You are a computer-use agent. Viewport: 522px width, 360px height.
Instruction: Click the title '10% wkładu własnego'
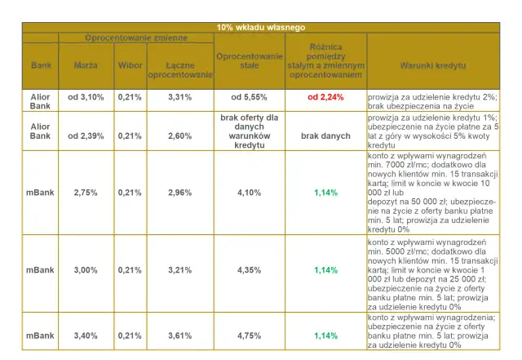pyautogui.click(x=261, y=28)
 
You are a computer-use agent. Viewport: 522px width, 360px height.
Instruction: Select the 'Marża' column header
pyautogui.click(x=86, y=64)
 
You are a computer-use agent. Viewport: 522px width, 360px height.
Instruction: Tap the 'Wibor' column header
pyautogui.click(x=129, y=64)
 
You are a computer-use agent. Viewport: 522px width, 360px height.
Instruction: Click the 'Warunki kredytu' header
pyautogui.click(x=432, y=64)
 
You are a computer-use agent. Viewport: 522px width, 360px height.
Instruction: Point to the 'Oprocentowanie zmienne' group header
pyautogui.click(x=136, y=38)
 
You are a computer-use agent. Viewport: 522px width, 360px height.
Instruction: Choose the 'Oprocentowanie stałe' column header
pyautogui.click(x=249, y=60)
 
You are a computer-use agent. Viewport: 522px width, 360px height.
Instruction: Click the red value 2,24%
pyautogui.click(x=325, y=96)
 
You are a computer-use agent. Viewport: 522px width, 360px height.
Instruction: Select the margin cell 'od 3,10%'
pyautogui.click(x=86, y=97)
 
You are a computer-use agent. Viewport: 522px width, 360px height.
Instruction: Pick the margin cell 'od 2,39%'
pyautogui.click(x=86, y=136)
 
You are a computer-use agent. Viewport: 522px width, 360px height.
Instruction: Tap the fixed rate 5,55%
pyautogui.click(x=249, y=96)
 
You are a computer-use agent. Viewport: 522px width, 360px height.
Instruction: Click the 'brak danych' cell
pyautogui.click(x=325, y=136)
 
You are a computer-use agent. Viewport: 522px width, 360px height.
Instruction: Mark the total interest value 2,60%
pyautogui.click(x=179, y=136)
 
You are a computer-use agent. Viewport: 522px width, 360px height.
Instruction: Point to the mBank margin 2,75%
pyautogui.click(x=86, y=193)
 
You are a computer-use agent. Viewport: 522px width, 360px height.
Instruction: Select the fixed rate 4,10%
pyautogui.click(x=249, y=193)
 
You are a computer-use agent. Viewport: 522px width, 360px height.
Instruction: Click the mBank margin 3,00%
pyautogui.click(x=86, y=269)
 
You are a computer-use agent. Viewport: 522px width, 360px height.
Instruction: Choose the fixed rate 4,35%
pyautogui.click(x=249, y=269)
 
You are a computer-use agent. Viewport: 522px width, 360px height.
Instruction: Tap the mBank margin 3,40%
pyautogui.click(x=86, y=336)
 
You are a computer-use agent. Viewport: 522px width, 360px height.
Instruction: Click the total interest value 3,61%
pyautogui.click(x=179, y=336)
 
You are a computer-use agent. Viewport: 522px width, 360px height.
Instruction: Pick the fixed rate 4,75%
pyautogui.click(x=249, y=336)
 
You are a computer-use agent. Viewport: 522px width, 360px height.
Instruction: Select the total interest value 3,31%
pyautogui.click(x=179, y=97)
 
